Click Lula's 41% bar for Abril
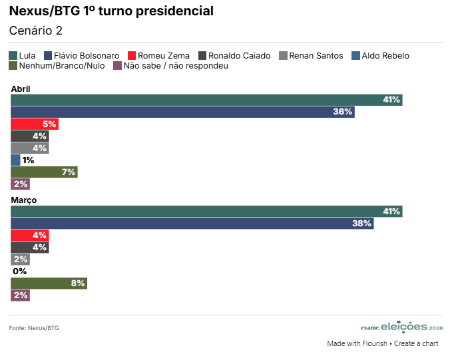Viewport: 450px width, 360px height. [206, 100]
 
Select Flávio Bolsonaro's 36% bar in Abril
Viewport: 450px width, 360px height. [182, 112]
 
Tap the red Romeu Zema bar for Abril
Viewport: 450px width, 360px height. [34, 124]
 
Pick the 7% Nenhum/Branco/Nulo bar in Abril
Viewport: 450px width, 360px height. [44, 172]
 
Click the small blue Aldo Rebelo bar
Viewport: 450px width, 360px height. [15, 160]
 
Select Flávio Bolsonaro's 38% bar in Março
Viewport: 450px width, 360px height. [192, 224]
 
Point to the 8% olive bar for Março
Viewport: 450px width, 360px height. [49, 283]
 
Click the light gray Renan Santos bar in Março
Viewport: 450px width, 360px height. [20, 260]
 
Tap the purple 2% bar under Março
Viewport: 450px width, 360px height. [20, 295]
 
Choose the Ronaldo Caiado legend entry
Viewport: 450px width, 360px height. [234, 56]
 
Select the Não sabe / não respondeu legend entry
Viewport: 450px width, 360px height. [171, 66]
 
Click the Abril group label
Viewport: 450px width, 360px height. [21, 89]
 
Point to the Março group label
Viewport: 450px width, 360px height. [23, 200]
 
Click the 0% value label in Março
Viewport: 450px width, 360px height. [19, 271]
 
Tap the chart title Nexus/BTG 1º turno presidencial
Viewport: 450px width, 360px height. [111, 11]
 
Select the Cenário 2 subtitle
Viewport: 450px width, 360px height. [35, 31]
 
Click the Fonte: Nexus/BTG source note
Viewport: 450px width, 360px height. [34, 328]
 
